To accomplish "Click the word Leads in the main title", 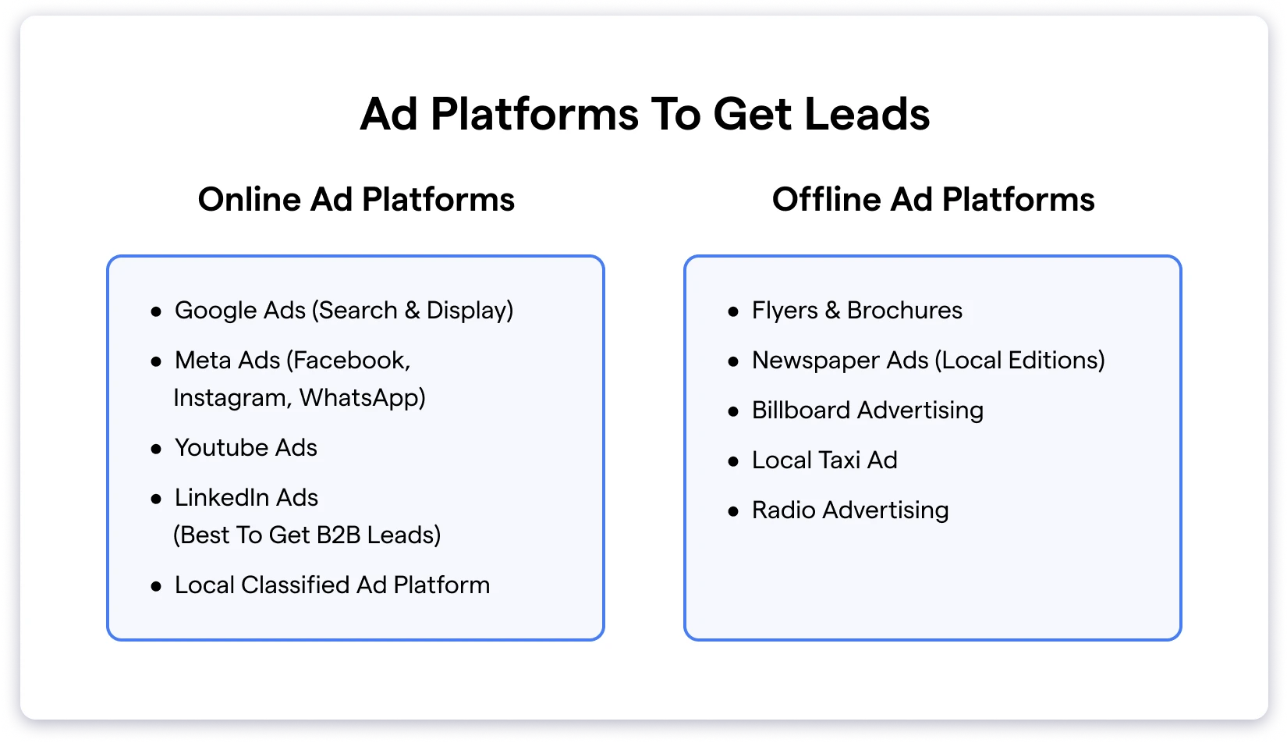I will (x=867, y=114).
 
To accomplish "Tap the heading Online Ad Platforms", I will (x=356, y=200).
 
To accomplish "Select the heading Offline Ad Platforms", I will (x=933, y=200).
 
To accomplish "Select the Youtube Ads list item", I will (x=246, y=448).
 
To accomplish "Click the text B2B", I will (x=338, y=535).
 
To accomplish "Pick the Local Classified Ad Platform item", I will (x=332, y=585).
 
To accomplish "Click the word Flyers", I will (x=785, y=311).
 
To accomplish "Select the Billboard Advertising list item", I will (x=867, y=411).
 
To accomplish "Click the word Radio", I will (x=784, y=510).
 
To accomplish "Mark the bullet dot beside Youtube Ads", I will (x=156, y=449).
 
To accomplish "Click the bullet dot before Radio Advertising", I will (x=733, y=512).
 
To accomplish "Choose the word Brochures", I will (x=905, y=311).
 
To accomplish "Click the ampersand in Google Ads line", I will (x=412, y=311).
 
